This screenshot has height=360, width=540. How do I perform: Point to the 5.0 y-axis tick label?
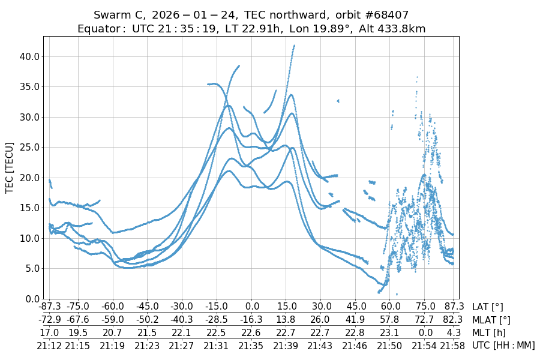point(31,268)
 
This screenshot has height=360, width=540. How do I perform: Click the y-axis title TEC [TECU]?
point(10,167)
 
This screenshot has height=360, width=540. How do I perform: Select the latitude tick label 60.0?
point(390,307)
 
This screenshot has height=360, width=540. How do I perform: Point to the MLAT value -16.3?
point(251,320)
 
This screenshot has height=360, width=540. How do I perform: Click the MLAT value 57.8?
point(390,320)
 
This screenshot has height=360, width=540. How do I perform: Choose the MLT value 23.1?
point(390,332)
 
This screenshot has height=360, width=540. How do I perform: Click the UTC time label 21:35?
point(251,345)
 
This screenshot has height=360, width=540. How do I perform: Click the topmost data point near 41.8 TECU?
point(294,45)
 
